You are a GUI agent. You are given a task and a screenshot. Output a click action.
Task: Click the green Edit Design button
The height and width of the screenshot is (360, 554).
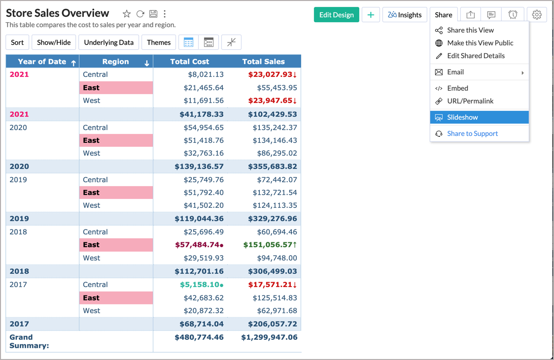pos(336,15)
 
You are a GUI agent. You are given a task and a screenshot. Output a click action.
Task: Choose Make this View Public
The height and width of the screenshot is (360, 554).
pos(480,43)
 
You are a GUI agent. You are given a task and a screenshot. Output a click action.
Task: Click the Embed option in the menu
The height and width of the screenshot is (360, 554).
pos(457,88)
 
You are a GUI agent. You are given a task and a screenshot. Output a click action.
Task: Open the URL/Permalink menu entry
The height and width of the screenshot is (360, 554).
pos(470,101)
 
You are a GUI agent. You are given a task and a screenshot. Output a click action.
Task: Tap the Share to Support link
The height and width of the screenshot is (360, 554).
pos(472,133)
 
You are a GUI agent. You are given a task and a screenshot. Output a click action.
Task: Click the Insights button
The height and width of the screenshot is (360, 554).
pos(405,15)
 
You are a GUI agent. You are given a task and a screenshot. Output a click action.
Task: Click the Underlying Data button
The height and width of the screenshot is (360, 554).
pos(109,42)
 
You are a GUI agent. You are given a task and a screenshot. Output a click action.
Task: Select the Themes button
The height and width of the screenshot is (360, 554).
pos(159,42)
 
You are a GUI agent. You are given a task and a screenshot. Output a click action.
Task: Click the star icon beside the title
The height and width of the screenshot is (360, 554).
pos(127,14)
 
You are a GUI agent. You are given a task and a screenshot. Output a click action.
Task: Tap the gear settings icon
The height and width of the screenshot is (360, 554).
pos(537,15)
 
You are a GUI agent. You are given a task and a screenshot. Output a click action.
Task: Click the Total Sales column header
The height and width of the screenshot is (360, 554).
pos(264,62)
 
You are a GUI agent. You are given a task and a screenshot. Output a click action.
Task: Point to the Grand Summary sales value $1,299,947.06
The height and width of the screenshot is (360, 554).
pos(269,337)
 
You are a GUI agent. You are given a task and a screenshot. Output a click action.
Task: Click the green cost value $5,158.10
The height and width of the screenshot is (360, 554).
pos(202,285)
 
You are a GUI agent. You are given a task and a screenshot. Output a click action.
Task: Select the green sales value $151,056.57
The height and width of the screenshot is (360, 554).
pos(270,245)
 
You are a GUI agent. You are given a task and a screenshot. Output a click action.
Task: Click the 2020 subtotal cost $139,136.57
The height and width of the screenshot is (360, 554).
pos(199,166)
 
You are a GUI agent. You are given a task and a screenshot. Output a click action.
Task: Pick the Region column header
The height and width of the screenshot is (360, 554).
pos(115,62)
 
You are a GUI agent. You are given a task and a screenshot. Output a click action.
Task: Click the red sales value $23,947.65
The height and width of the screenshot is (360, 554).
pos(272,100)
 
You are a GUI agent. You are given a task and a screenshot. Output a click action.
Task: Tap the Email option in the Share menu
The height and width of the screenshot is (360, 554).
pos(455,72)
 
